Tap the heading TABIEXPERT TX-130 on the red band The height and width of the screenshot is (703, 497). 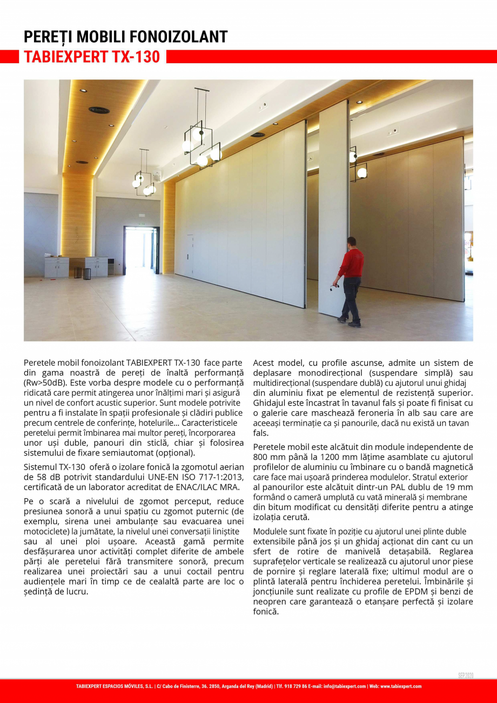pos(92,57)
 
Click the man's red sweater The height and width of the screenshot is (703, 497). pos(352,263)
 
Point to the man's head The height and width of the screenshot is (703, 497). pos(352,242)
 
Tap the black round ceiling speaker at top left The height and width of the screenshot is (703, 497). pos(99,110)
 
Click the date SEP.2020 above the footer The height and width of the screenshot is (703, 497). pos(465,676)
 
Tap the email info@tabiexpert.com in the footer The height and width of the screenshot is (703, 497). pos(345,686)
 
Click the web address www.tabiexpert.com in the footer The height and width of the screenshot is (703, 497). pos(401,686)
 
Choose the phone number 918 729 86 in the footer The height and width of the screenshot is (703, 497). pos(293,686)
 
